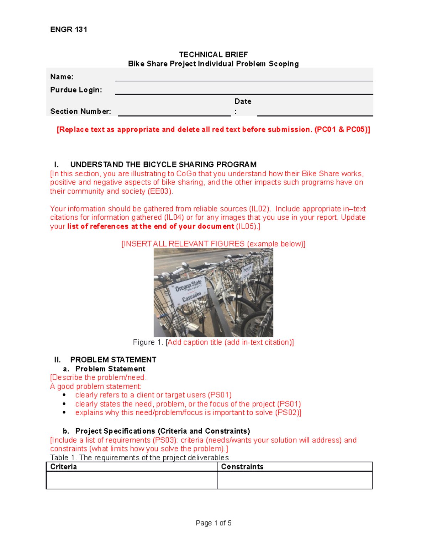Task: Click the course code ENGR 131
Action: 69,30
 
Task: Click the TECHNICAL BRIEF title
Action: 213,54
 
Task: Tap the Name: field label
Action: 62,77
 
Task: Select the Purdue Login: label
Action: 76,90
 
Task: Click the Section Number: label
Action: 80,111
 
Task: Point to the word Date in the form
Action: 243,101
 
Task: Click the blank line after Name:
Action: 244,77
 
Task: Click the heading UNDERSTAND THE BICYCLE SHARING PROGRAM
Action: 163,165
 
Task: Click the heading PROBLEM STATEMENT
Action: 113,360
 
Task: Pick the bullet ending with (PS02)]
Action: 188,413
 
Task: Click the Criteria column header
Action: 64,467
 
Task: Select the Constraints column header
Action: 242,467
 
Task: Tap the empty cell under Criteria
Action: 131,480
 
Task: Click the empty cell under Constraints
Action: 295,480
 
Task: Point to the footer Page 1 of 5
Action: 213,523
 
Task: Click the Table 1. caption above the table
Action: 139,458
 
